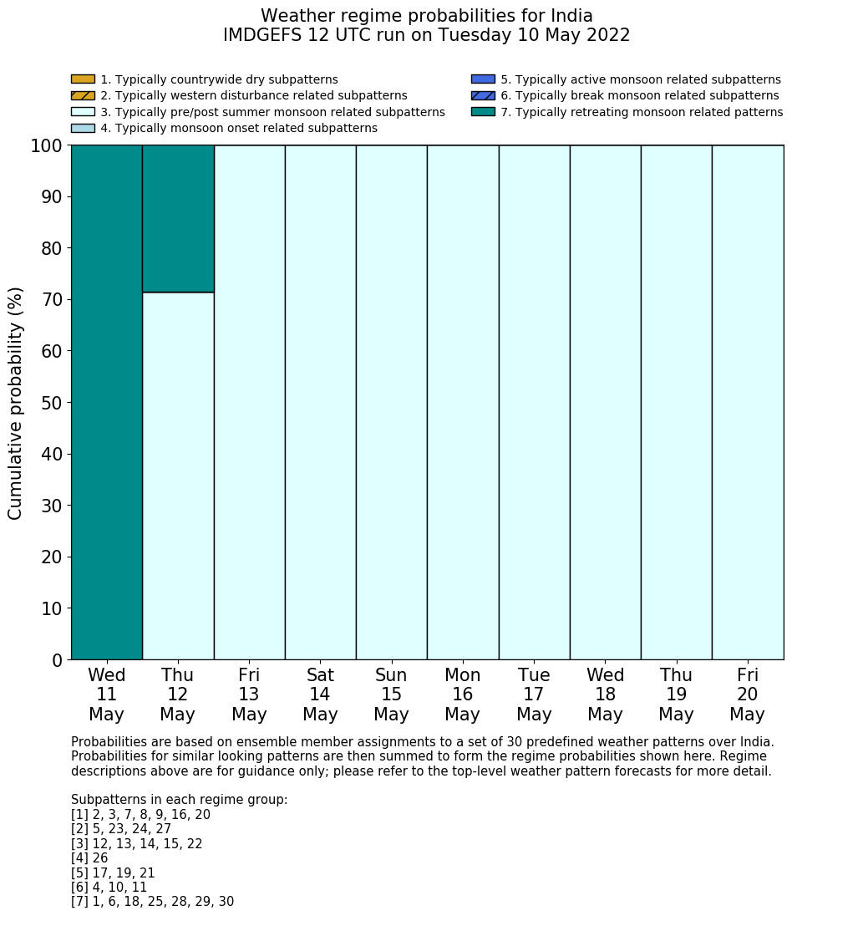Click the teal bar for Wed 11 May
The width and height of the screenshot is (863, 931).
tap(106, 402)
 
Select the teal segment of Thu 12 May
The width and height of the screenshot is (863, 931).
tap(178, 218)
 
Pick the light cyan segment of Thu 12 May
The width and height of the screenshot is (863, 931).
tap(178, 476)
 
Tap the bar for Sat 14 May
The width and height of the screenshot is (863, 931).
tap(320, 402)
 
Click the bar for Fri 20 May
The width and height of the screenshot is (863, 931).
tap(748, 402)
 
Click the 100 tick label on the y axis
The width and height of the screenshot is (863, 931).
tap(46, 146)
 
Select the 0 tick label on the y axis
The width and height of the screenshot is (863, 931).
tap(57, 660)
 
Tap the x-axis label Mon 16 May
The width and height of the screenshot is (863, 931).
tap(463, 694)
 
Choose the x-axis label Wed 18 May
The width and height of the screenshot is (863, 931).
tap(605, 694)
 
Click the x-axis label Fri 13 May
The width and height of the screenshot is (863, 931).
tap(249, 694)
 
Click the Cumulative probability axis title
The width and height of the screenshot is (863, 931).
tap(16, 402)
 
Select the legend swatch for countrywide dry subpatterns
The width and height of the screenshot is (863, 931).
tap(83, 79)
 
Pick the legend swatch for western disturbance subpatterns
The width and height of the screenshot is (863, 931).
tap(83, 95)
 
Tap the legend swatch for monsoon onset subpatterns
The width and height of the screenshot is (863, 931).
tap(83, 128)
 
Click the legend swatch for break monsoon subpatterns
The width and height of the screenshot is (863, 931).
tap(483, 95)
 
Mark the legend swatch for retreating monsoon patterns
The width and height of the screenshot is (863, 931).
tap(483, 112)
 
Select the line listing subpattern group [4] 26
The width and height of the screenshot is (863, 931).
tap(89, 858)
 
